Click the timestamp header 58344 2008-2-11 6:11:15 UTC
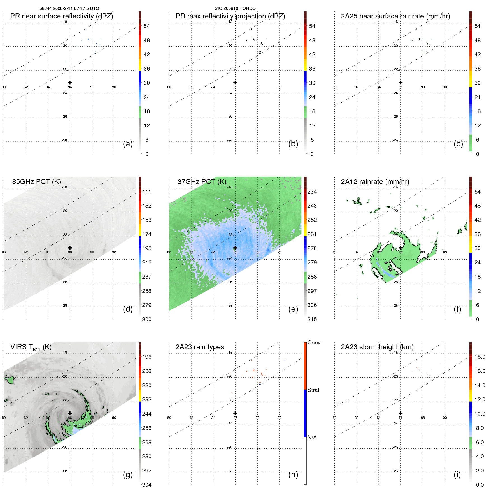(x=69, y=8)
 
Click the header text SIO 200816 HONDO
(x=235, y=8)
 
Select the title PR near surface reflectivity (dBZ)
(x=62, y=16)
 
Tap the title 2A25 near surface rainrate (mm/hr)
(x=395, y=16)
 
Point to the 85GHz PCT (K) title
(x=36, y=182)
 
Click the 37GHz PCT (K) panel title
(x=202, y=182)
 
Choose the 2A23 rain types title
(x=200, y=347)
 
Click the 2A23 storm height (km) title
(x=377, y=347)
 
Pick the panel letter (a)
(x=128, y=144)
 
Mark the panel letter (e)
(x=293, y=309)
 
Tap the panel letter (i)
(x=457, y=474)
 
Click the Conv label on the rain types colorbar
(x=314, y=343)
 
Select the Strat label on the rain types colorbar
(x=313, y=390)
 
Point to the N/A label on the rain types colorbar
(x=312, y=437)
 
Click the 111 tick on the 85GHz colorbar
(x=147, y=192)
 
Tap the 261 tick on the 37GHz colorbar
(x=312, y=234)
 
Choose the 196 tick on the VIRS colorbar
(x=147, y=357)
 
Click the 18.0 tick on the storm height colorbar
(x=480, y=357)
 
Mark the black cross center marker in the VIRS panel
(x=70, y=413)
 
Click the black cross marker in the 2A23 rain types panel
(x=235, y=413)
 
